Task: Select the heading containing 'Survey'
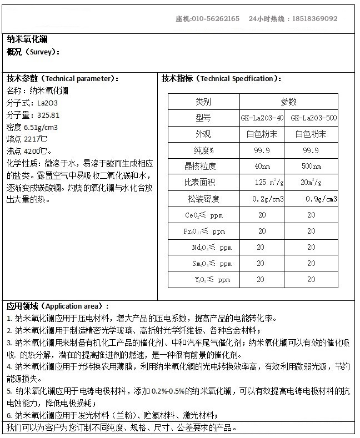coord(33,52)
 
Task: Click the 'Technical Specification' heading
coord(221,78)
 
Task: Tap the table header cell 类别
coord(203,102)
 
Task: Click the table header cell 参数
coord(288,102)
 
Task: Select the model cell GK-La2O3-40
coord(262,118)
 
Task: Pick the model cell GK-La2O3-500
coord(313,118)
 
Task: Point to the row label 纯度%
coord(204,150)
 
